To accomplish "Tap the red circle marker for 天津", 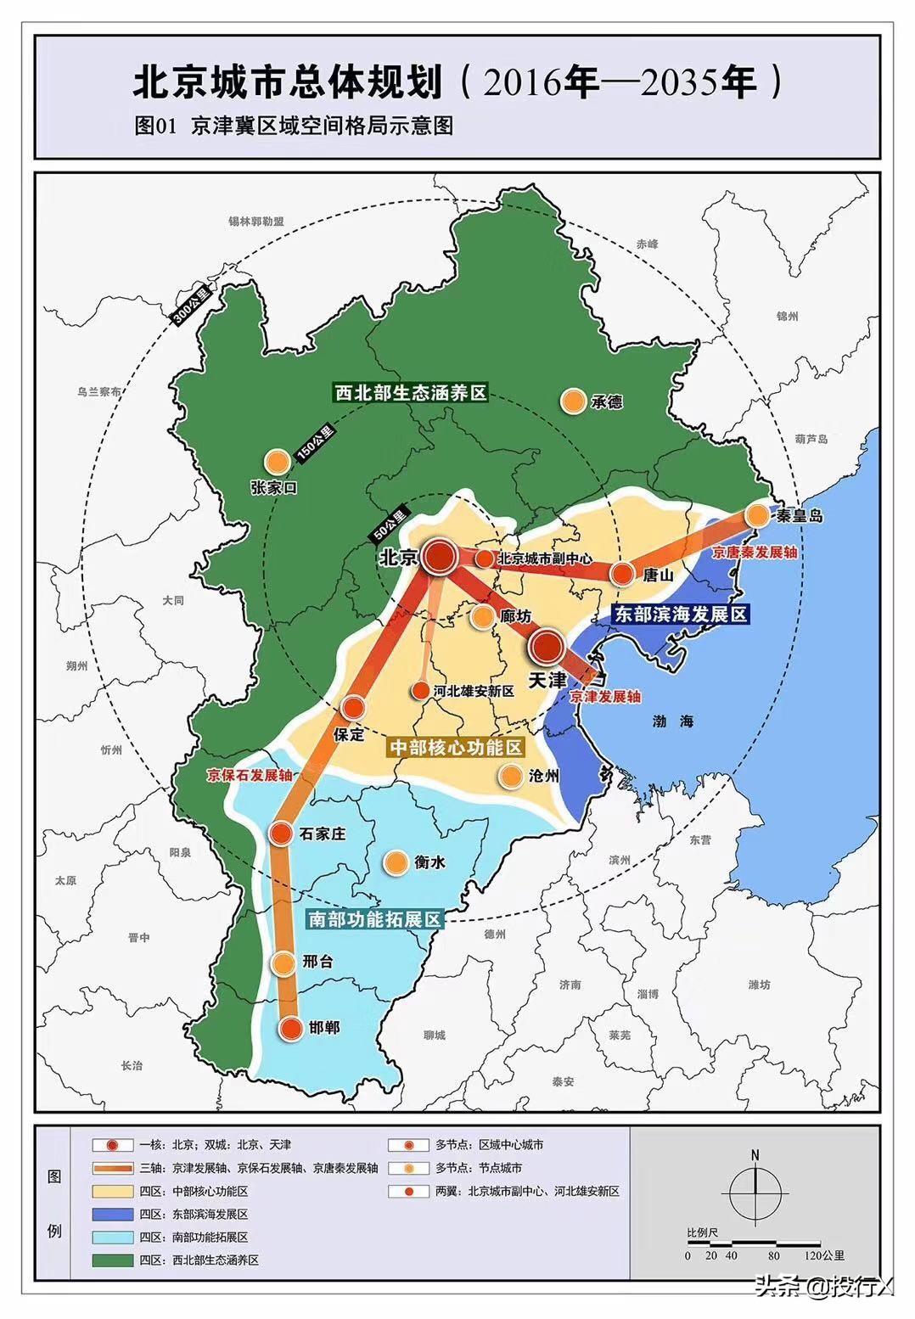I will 547,648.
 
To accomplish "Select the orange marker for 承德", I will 574,401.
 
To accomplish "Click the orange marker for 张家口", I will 275,462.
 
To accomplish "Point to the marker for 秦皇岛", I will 757,515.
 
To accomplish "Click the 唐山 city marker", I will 622,575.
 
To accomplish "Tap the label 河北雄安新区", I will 474,691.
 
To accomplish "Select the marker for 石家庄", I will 281,833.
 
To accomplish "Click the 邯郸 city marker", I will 290,1028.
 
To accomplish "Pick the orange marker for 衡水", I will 394,862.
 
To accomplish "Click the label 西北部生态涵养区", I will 410,393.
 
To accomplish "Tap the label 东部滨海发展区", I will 679,614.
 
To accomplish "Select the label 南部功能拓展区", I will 373,919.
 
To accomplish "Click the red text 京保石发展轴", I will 250,775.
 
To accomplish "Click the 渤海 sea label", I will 673,721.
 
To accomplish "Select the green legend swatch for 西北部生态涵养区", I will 113,1260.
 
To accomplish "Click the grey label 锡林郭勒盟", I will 255,222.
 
